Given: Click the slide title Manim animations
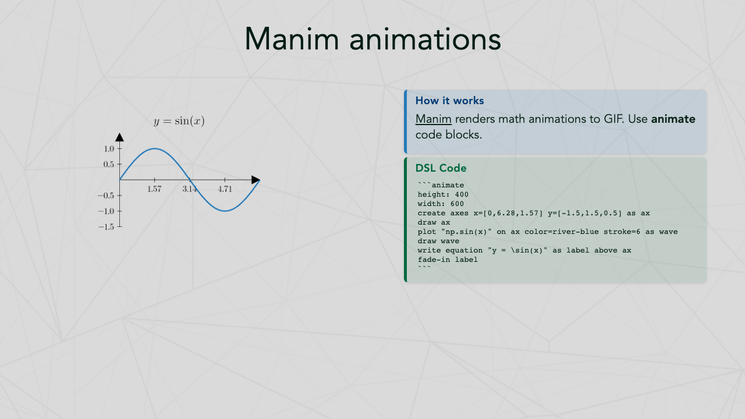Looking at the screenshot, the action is [x=372, y=39].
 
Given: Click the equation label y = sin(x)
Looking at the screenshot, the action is [x=179, y=121].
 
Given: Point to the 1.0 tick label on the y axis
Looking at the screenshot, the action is [x=109, y=148].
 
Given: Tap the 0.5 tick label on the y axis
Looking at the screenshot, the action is [x=109, y=164].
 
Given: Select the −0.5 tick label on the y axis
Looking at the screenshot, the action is [x=106, y=196].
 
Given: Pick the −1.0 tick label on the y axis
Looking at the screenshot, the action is [x=106, y=211].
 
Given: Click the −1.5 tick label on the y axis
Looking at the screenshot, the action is [x=106, y=227].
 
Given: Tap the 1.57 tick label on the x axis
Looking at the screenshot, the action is [x=154, y=189].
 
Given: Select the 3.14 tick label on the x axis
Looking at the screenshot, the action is [x=190, y=189].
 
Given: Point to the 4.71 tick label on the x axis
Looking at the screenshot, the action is [x=225, y=189].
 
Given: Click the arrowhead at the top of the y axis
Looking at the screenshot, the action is [x=119, y=137].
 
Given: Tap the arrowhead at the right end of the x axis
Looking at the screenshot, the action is [x=256, y=180].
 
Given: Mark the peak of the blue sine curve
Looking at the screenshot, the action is [x=155, y=148].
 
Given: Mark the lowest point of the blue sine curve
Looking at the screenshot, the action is [x=225, y=211].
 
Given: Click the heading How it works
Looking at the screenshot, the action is [x=450, y=101].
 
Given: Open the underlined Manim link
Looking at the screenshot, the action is [x=434, y=119].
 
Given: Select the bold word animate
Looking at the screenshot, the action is [x=673, y=119].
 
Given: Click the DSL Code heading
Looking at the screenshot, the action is [x=441, y=168].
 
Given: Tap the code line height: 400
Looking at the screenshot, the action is [x=443, y=194].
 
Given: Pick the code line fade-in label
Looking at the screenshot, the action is [x=448, y=260].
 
